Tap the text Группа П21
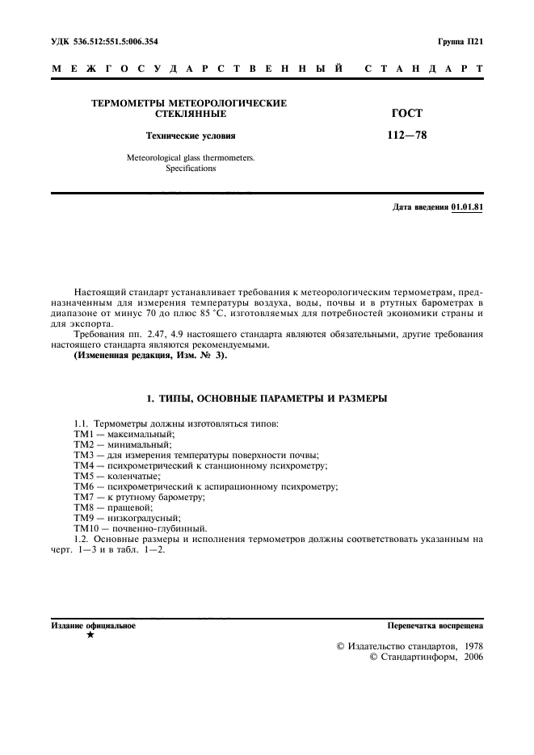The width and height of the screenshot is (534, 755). pos(460,40)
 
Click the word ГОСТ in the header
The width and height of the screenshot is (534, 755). pos(407,114)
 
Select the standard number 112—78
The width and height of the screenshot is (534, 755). pos(407,136)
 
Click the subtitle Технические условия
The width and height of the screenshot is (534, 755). pos(190,136)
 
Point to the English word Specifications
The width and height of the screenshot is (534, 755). pos(191,169)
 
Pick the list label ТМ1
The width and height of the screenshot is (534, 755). pos(85,434)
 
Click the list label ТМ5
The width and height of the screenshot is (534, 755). pos(85,476)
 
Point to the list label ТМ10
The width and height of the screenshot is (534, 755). pos(87,528)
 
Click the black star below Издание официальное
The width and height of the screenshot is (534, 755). pos(90,635)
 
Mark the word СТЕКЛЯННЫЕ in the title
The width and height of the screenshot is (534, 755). pos(191,114)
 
